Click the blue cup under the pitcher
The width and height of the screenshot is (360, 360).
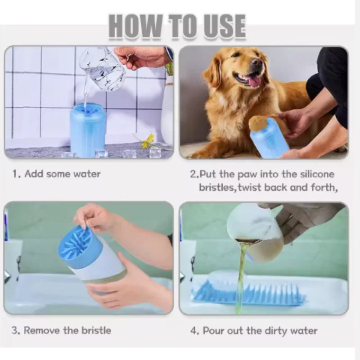[x=87, y=130]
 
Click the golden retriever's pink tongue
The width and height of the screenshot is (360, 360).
[x=253, y=81]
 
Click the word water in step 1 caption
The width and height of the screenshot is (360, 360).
[x=85, y=174]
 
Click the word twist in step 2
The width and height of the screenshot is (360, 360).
[x=255, y=187]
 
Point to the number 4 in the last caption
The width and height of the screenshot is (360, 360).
[x=193, y=331]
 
